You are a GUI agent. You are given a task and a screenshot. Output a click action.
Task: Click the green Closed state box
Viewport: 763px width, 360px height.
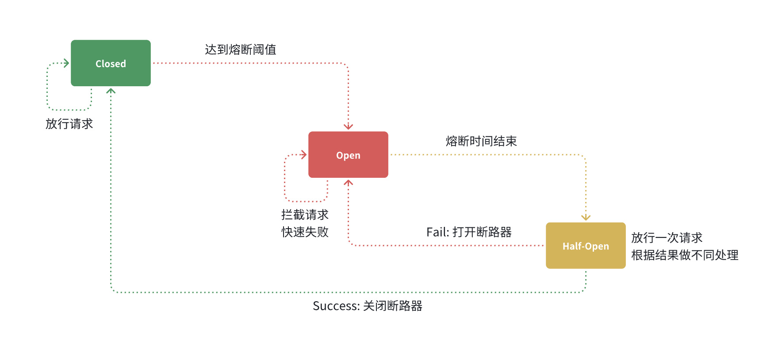point(111,63)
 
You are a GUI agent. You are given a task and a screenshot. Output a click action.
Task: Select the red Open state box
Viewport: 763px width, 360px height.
point(348,155)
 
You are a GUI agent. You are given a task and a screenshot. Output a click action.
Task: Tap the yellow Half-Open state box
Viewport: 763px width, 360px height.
point(586,246)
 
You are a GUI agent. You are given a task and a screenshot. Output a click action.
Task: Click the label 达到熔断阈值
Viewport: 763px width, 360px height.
point(241,50)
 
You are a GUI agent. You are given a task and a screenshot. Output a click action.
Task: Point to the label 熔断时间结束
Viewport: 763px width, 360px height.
point(481,141)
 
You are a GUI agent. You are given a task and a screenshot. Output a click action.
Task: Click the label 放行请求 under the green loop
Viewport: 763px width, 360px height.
point(69,124)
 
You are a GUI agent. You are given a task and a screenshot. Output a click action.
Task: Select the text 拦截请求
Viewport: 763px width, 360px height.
point(305,215)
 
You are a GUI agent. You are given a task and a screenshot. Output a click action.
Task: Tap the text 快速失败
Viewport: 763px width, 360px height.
point(305,232)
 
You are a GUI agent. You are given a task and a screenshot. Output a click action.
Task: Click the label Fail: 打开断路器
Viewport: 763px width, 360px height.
point(469,232)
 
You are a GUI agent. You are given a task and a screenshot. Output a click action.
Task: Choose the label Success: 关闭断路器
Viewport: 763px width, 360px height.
point(368,306)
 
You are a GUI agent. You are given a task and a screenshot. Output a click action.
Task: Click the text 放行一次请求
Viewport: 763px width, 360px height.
point(667,237)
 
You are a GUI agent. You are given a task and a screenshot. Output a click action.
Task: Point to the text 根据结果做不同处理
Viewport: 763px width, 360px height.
point(685,255)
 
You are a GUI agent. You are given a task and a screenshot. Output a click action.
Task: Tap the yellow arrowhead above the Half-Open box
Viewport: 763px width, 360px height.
point(586,218)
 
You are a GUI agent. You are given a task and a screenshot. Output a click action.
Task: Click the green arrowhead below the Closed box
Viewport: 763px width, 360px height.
point(111,91)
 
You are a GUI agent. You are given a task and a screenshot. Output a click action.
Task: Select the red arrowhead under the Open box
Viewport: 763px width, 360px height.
point(349,182)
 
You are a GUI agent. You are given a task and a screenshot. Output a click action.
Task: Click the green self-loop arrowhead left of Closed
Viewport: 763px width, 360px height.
point(67,63)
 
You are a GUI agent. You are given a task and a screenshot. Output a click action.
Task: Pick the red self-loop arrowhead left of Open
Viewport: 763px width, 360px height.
point(304,155)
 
